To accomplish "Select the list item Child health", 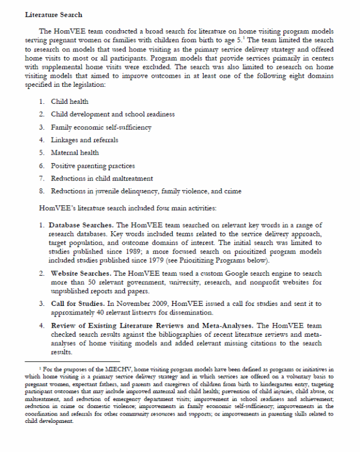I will [x=71, y=101].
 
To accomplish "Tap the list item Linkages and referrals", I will [x=84, y=140].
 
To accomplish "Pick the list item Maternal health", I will [x=75, y=152].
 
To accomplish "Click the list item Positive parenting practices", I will [x=93, y=166].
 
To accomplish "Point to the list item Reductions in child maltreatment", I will [x=103, y=178].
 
